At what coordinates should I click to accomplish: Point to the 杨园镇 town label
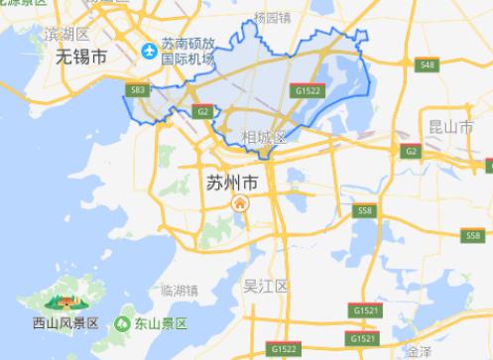pos(271,18)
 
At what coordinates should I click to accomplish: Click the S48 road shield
pos(426,65)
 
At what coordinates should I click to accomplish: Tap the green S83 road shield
pos(137,90)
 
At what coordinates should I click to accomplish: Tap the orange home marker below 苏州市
pos(239,204)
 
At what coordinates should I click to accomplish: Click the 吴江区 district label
pos(265,287)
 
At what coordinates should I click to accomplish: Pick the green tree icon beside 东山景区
pos(122,323)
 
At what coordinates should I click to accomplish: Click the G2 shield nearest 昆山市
pos(410,151)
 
